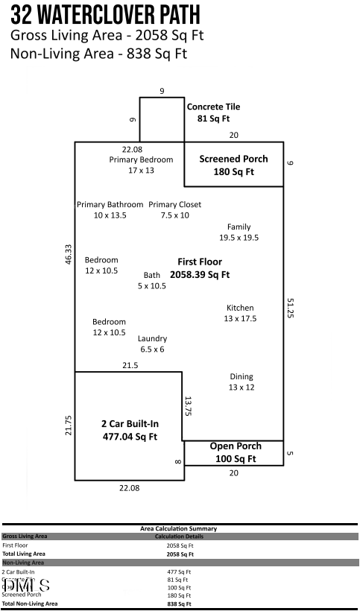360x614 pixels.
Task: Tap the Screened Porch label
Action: [233, 165]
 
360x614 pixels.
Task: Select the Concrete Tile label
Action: [213, 112]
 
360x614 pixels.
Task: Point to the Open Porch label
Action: [235, 452]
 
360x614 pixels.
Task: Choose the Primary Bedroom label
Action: [141, 165]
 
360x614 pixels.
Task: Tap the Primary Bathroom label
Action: [110, 209]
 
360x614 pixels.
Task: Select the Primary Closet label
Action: [174, 209]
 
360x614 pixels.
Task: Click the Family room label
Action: [239, 232]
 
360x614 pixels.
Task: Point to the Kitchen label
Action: [239, 313]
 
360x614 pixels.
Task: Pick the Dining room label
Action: [241, 382]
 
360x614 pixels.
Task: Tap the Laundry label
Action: [152, 344]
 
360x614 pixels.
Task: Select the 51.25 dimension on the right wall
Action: [290, 308]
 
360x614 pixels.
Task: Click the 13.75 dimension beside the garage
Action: [189, 406]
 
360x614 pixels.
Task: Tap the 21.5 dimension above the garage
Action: [130, 365]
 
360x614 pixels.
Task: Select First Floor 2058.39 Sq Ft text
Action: [199, 268]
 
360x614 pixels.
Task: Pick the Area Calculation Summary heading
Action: [179, 528]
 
